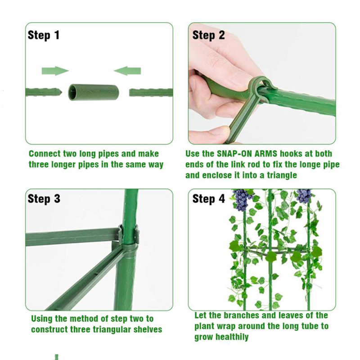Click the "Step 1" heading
tap(44, 36)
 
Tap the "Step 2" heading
tap(208, 36)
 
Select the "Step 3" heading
tap(44, 199)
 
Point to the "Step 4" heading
tap(208, 199)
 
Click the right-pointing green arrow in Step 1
tap(55, 71)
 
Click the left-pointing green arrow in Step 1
tap(127, 71)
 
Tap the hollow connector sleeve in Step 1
tap(94, 92)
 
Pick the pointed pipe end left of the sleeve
tap(44, 92)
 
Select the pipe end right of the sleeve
tap(151, 93)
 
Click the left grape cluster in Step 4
tap(242, 199)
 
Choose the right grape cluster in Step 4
tap(303, 196)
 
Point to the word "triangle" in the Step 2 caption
tap(282, 175)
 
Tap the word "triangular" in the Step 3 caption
tap(112, 329)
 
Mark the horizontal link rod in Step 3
tap(72, 237)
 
